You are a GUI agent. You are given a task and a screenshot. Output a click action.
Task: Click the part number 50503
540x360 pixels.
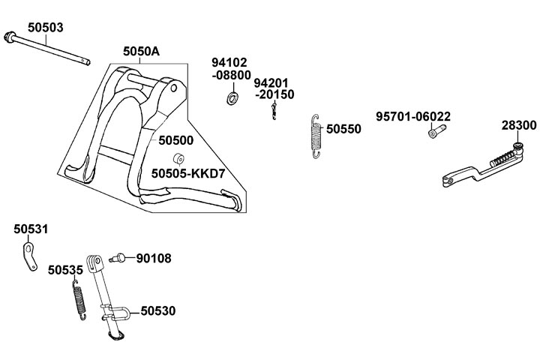(x=45, y=27)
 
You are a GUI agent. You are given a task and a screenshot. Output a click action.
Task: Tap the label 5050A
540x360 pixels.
(x=142, y=52)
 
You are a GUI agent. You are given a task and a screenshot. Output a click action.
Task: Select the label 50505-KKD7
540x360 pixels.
(x=187, y=173)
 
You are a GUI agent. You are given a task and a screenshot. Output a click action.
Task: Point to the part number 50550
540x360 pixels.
(x=343, y=129)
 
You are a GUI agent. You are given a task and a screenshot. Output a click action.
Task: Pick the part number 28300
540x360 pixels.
(x=518, y=124)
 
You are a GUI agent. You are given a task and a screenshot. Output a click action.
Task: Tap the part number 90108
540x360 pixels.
(x=154, y=259)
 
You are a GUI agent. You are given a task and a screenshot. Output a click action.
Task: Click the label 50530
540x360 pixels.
(x=158, y=310)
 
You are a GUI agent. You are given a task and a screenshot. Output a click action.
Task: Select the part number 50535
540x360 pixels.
(x=65, y=268)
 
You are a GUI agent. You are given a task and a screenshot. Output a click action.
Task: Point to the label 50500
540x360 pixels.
(x=176, y=139)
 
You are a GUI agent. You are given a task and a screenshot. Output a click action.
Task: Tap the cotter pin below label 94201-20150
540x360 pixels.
(x=274, y=111)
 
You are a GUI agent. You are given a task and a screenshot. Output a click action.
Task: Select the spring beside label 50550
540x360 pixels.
(x=318, y=136)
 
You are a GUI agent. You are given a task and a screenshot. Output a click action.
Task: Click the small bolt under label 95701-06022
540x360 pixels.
(x=435, y=133)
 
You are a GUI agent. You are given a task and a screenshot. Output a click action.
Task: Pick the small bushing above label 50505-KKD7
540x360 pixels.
(x=179, y=158)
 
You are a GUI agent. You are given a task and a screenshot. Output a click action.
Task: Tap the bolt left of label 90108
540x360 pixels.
(x=118, y=259)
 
